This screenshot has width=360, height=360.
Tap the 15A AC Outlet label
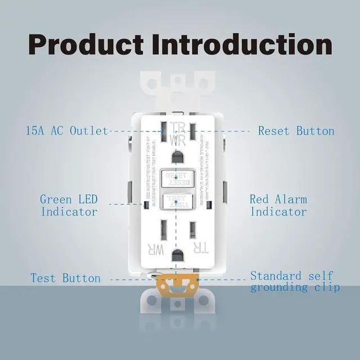click(x=66, y=131)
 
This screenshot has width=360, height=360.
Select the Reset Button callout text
click(x=296, y=131)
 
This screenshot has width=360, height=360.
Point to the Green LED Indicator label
click(x=69, y=205)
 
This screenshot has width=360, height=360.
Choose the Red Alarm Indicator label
click(x=278, y=205)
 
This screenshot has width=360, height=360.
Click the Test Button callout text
click(x=65, y=278)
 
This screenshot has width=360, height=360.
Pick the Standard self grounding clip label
click(x=295, y=281)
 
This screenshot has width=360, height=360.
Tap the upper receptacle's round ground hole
click(x=179, y=155)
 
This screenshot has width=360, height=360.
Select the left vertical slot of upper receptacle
click(x=163, y=133)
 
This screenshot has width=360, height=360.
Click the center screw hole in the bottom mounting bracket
click(x=178, y=304)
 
